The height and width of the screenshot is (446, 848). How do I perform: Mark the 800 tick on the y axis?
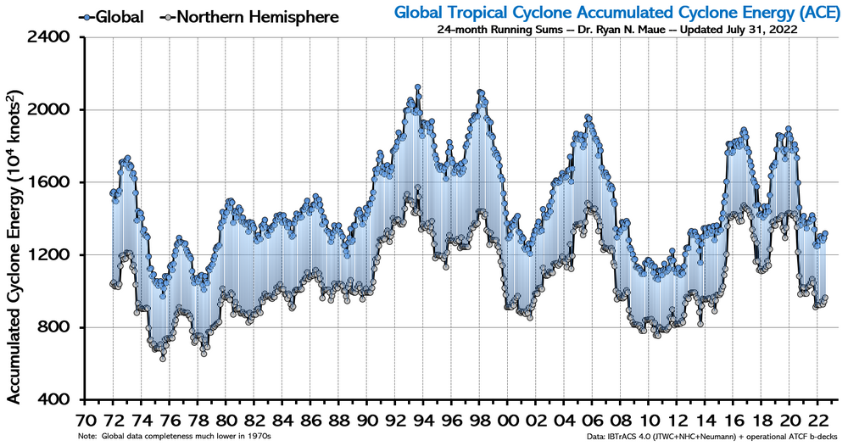coord(59,328)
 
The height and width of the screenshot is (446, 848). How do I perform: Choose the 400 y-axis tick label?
coord(59,400)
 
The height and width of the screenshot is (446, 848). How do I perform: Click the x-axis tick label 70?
coord(85,419)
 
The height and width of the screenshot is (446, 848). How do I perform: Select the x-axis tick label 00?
coord(509,419)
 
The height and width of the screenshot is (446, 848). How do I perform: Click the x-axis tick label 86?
coord(311,419)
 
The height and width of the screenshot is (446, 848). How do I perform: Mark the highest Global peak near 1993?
coord(418,87)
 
